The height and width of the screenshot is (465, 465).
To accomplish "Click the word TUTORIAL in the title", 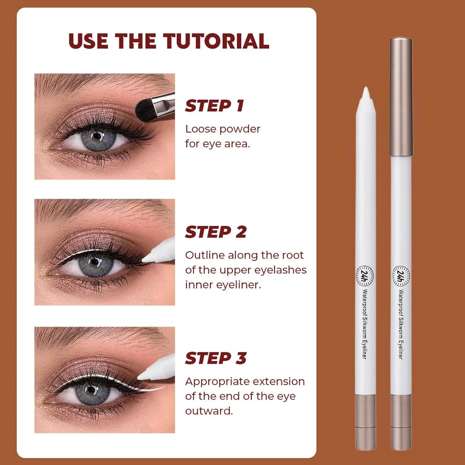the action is (x=216, y=41).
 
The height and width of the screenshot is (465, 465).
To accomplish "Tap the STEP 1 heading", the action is (x=215, y=106).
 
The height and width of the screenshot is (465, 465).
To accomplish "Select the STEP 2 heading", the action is (x=216, y=232).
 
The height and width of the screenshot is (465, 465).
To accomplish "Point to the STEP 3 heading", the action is (x=216, y=358).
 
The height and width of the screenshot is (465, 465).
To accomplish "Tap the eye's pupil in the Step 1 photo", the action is (x=97, y=136).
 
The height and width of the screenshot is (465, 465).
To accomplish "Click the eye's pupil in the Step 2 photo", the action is (x=95, y=262).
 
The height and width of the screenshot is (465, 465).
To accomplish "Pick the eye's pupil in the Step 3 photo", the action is (x=91, y=390).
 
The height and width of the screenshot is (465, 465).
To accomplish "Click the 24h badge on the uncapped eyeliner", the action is (x=365, y=275).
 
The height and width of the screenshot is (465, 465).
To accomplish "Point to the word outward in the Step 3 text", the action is (x=209, y=411).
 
